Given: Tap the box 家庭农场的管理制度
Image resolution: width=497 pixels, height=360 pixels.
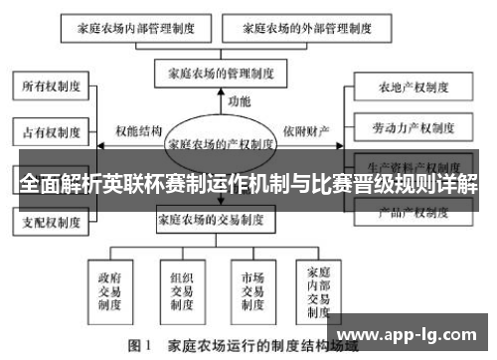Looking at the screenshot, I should (221, 72).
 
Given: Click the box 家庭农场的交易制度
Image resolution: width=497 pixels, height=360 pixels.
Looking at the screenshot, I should (221, 220).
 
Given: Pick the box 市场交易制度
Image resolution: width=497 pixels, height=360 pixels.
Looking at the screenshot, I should (251, 285).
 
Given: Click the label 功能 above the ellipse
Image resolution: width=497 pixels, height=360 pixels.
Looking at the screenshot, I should (240, 101).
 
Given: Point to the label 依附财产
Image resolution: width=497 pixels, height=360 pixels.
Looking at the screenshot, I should (303, 130).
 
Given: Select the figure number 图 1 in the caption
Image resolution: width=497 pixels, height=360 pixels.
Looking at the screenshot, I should (139, 347).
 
